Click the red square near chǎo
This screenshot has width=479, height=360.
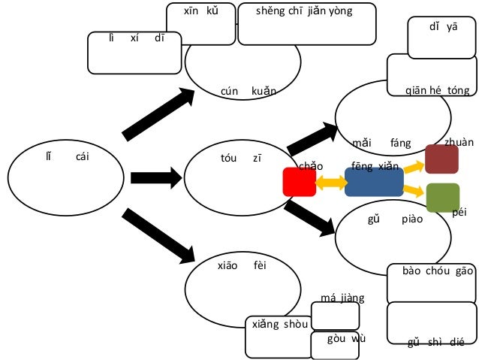click(x=299, y=183)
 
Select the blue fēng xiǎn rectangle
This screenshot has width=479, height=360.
click(x=373, y=182)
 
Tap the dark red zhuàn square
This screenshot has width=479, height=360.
click(x=441, y=159)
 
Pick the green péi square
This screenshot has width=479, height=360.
click(x=442, y=197)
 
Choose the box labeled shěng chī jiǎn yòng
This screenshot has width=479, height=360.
click(x=306, y=24)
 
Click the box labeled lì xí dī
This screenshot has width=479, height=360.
click(x=134, y=51)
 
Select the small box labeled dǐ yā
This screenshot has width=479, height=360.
click(x=441, y=36)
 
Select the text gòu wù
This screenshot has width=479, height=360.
click(x=346, y=338)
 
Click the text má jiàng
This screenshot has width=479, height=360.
click(x=342, y=298)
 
